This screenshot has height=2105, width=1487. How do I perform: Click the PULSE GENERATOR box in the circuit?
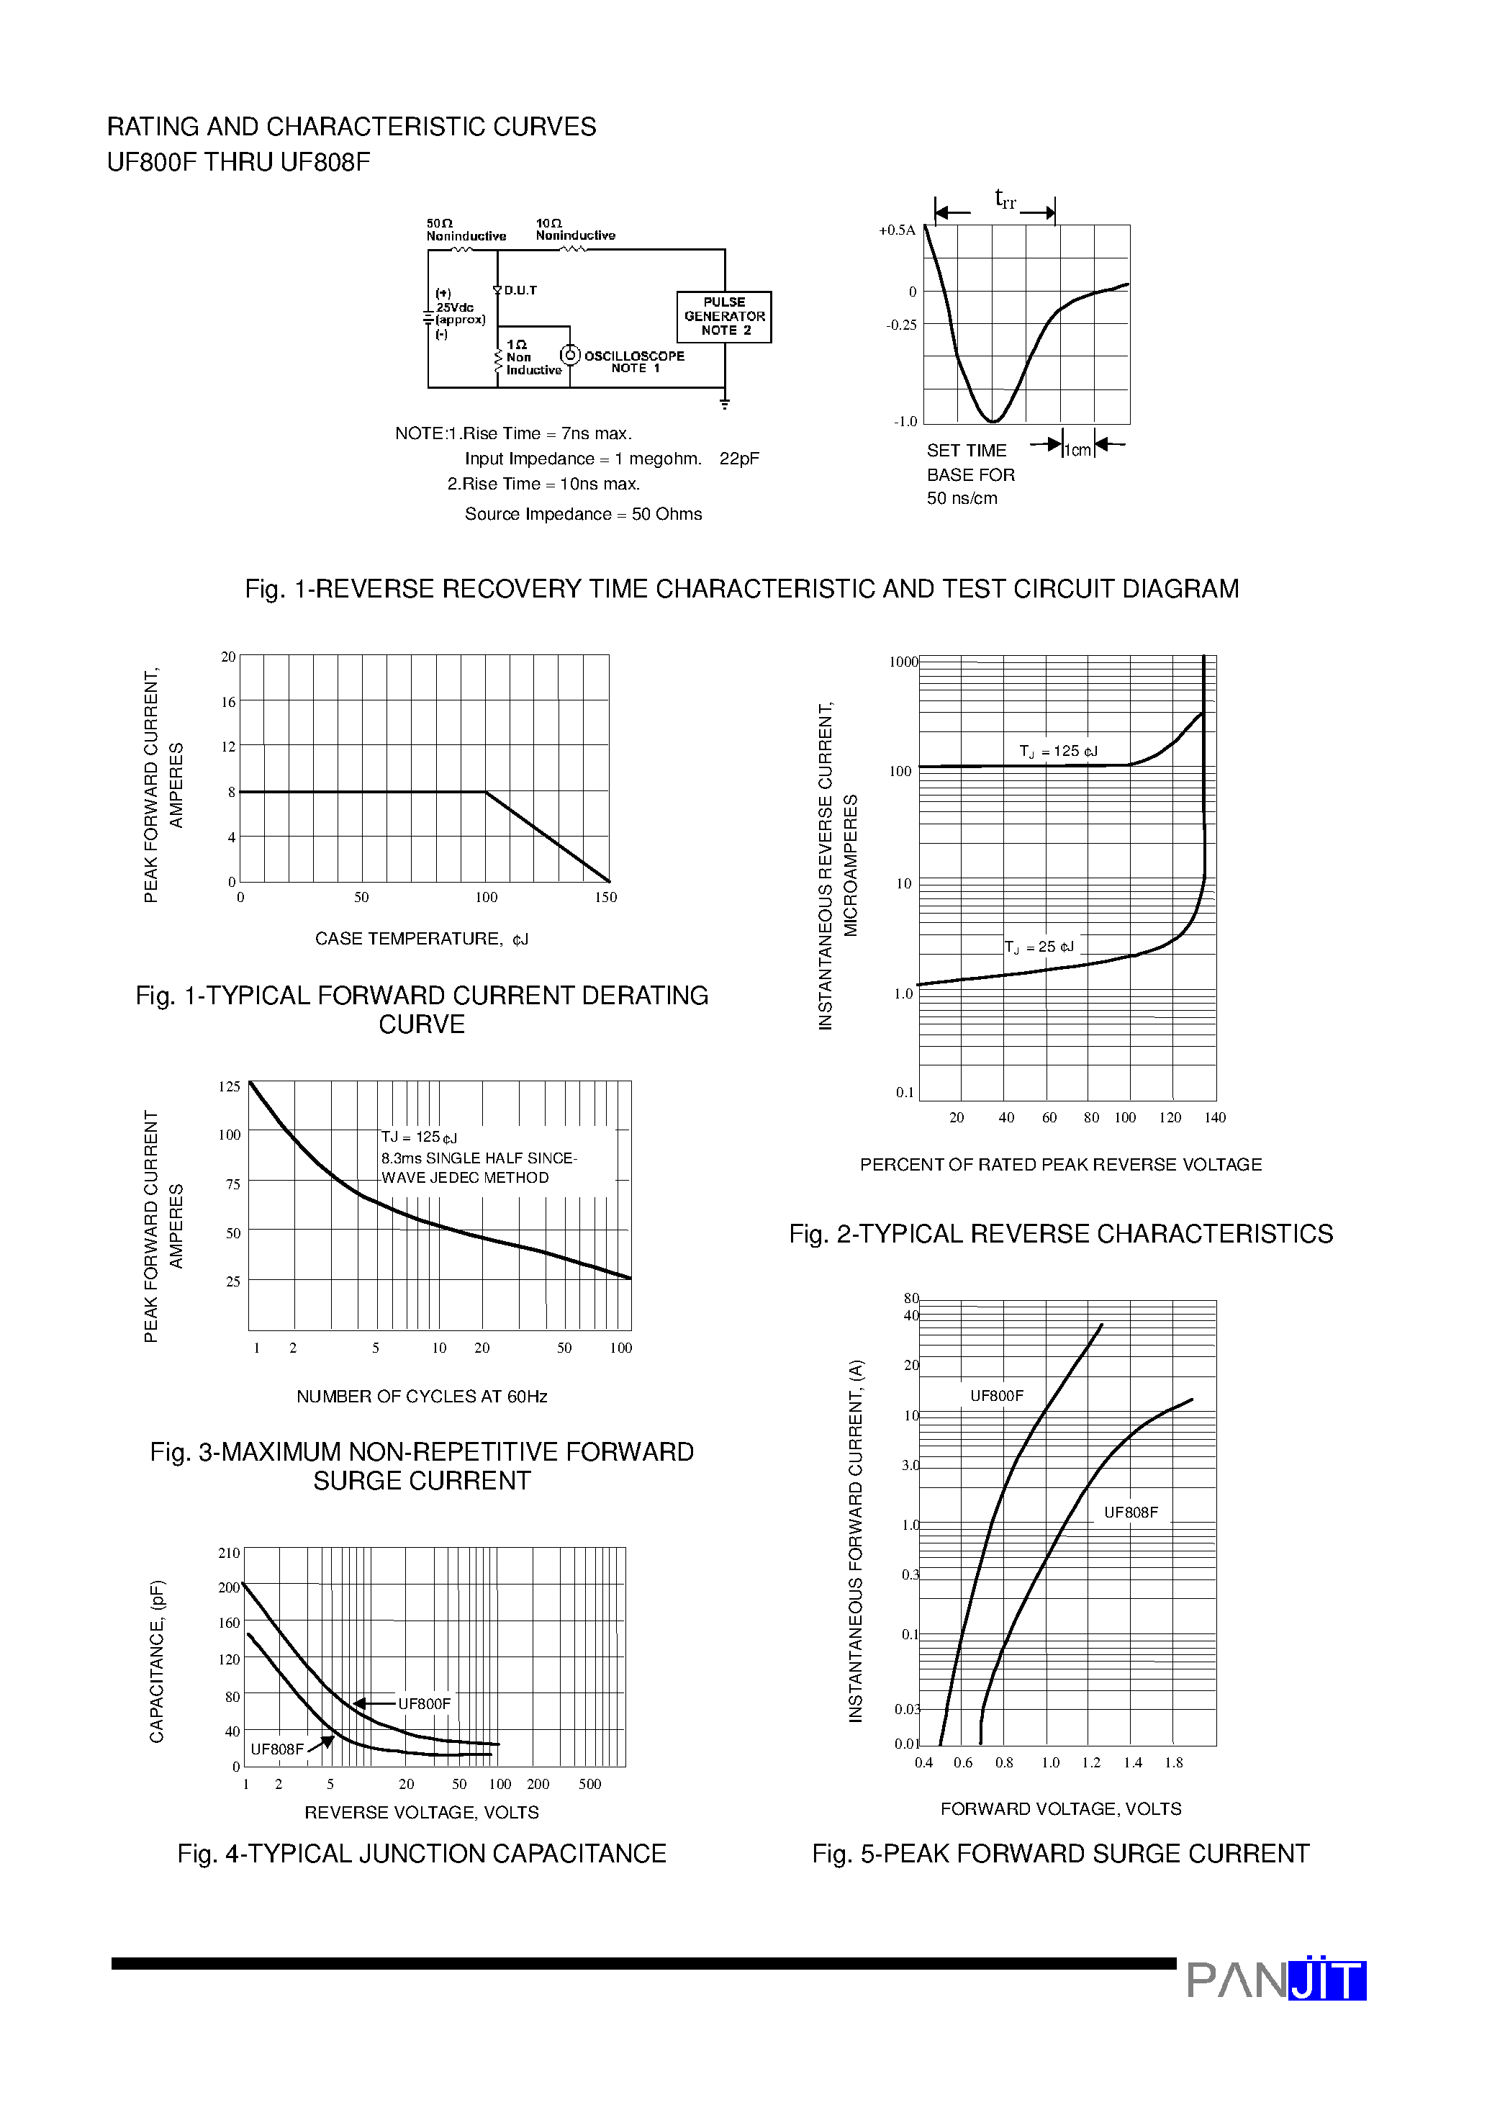tap(723, 316)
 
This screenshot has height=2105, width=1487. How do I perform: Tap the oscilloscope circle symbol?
tap(570, 355)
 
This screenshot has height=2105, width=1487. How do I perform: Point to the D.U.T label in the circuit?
tap(520, 291)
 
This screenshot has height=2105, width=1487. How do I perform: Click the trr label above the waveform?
tap(1005, 198)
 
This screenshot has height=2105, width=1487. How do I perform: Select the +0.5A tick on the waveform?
tap(897, 230)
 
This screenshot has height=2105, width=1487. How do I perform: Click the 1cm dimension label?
tap(1077, 449)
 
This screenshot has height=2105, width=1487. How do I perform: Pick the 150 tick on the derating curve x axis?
tap(605, 897)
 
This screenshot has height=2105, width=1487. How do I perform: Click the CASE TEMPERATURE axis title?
tap(421, 939)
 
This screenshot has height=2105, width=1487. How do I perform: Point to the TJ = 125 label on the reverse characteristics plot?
tap(1058, 751)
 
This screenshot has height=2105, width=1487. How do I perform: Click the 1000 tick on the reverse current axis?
tap(903, 662)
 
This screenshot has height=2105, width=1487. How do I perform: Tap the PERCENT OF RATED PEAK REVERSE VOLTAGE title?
tap(1061, 1164)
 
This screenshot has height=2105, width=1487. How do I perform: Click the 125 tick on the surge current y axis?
tap(229, 1086)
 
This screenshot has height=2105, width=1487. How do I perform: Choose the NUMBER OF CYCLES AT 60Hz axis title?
tap(422, 1397)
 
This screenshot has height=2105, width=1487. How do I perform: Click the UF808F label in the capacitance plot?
tap(277, 1749)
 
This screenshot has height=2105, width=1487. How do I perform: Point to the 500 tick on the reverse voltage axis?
tap(589, 1784)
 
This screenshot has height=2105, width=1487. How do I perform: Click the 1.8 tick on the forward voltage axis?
tap(1173, 1762)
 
